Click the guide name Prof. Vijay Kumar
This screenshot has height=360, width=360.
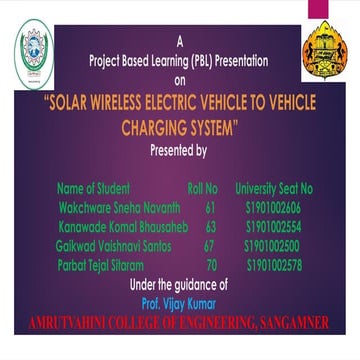(x=179, y=299)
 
